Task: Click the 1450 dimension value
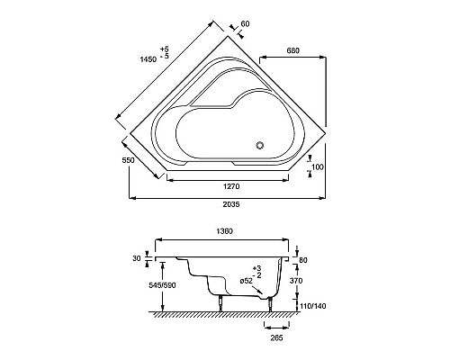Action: point(148,59)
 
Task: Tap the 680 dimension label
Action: point(292,50)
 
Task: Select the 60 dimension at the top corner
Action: point(245,23)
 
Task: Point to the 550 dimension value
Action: point(128,160)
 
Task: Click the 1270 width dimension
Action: point(231,186)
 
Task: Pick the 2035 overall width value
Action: point(231,204)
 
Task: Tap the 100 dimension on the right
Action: point(318,166)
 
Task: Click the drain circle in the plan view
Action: point(260,145)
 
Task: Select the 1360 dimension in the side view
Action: point(224,231)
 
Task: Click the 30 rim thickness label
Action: point(137,258)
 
